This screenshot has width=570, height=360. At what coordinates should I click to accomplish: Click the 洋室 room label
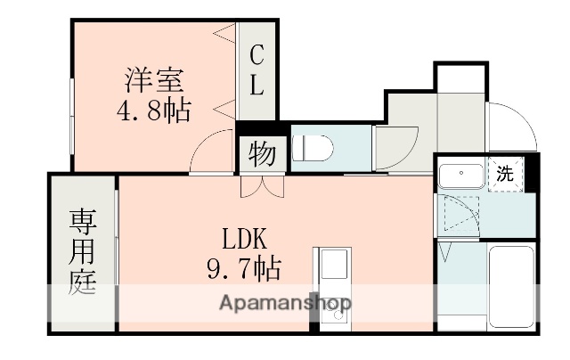pyautogui.click(x=153, y=81)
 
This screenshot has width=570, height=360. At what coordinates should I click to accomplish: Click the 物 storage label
pyautogui.click(x=261, y=154)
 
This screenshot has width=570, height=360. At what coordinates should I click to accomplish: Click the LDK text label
pyautogui.click(x=240, y=239)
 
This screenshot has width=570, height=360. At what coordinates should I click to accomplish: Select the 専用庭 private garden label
pyautogui.click(x=83, y=254)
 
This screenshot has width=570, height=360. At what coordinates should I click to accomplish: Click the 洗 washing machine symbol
pyautogui.click(x=505, y=174)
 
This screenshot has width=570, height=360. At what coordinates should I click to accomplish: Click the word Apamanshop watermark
pyautogui.click(x=284, y=303)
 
